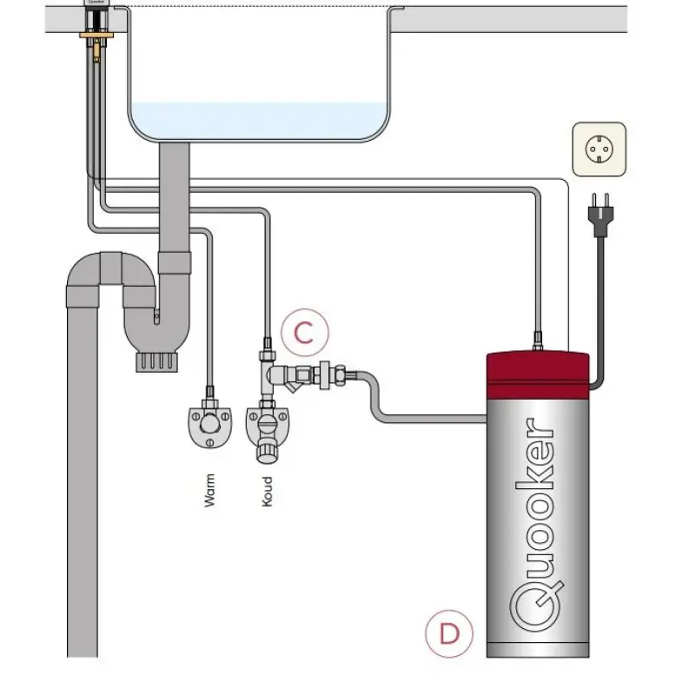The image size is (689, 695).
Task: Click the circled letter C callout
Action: coord(303,333)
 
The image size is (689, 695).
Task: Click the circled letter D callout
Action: coord(449,633)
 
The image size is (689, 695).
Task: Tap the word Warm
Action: coord(209,491)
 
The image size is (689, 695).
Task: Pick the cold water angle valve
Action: coord(267,428)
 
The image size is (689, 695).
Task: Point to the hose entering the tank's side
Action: coord(434,420)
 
